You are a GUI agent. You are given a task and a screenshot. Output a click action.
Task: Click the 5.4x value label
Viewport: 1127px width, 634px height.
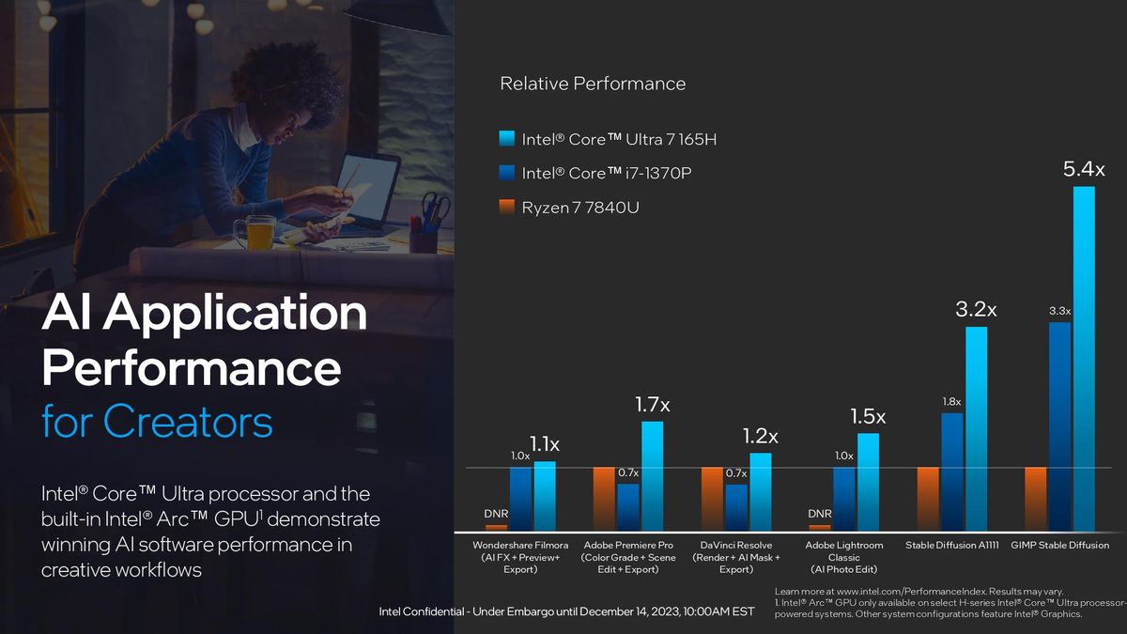(1084, 170)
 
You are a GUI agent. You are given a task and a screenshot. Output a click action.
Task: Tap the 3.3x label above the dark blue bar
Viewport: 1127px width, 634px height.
(1059, 310)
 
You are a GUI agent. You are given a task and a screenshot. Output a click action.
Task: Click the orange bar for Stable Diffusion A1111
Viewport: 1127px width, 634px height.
(928, 499)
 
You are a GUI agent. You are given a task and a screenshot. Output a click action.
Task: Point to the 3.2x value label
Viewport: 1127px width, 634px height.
(976, 308)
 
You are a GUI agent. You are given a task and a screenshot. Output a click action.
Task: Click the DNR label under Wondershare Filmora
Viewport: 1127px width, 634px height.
(496, 514)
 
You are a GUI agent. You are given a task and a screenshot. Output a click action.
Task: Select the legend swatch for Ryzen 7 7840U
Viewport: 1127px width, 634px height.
(506, 208)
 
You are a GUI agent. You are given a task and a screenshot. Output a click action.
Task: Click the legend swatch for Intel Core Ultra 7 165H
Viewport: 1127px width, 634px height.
(506, 140)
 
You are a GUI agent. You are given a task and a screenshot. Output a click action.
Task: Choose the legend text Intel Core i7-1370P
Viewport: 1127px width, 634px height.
(607, 173)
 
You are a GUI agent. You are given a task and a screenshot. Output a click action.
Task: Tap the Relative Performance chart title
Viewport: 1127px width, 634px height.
(593, 84)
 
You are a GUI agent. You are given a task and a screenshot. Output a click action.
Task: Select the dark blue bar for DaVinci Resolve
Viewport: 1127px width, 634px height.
(736, 507)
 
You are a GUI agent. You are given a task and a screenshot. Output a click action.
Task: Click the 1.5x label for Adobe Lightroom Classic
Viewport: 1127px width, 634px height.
(868, 416)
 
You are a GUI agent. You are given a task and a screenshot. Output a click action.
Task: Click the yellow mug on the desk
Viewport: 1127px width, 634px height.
(259, 231)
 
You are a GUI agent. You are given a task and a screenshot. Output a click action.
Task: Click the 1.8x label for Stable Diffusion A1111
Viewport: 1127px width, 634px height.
(951, 402)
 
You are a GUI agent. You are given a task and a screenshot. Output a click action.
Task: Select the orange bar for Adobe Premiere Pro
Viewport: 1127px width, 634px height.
(604, 499)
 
